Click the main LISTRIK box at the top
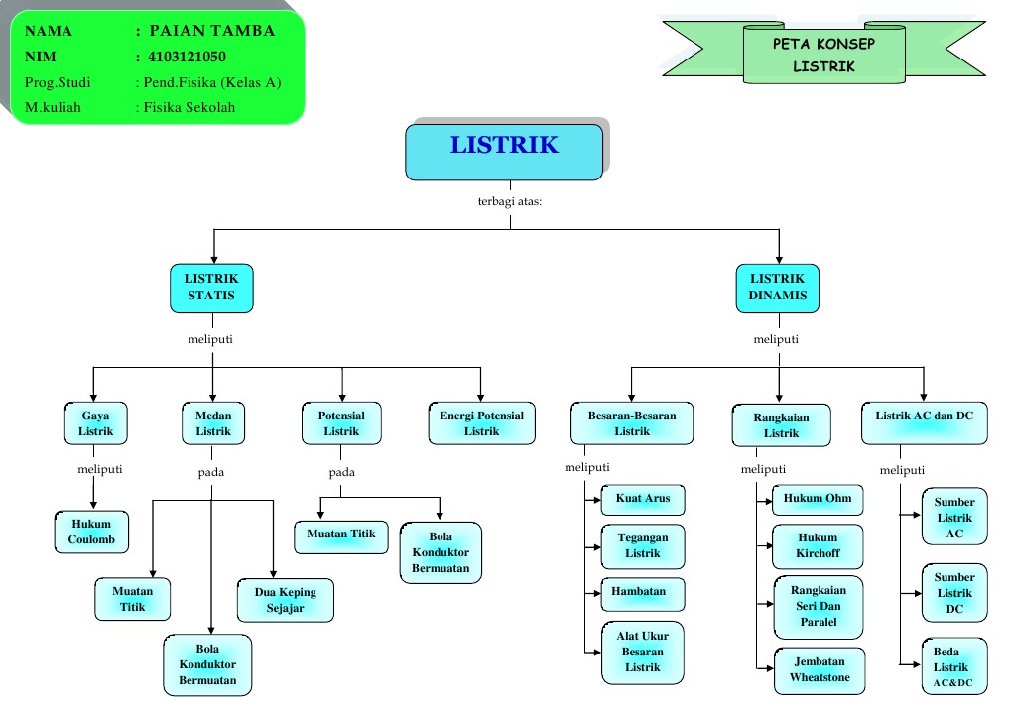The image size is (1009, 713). pos(504,151)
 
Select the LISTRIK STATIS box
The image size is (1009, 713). pos(211,288)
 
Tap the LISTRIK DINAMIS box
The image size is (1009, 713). pos(777,288)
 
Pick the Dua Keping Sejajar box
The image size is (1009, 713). pos(286,600)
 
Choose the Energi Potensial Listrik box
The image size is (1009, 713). pos(481,423)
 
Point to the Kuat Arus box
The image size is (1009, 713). pos(643,498)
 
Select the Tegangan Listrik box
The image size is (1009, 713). pos(643,545)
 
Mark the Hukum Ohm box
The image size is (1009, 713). pos(818,499)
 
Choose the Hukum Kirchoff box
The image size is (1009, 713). pos(818,546)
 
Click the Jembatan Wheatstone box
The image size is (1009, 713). pos(819,669)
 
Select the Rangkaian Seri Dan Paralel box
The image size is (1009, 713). pos(819,606)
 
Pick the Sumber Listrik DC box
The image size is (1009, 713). pos(954,592)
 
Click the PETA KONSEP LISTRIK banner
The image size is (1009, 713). pos(823,56)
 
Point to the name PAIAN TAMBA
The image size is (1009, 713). pos(211,31)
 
